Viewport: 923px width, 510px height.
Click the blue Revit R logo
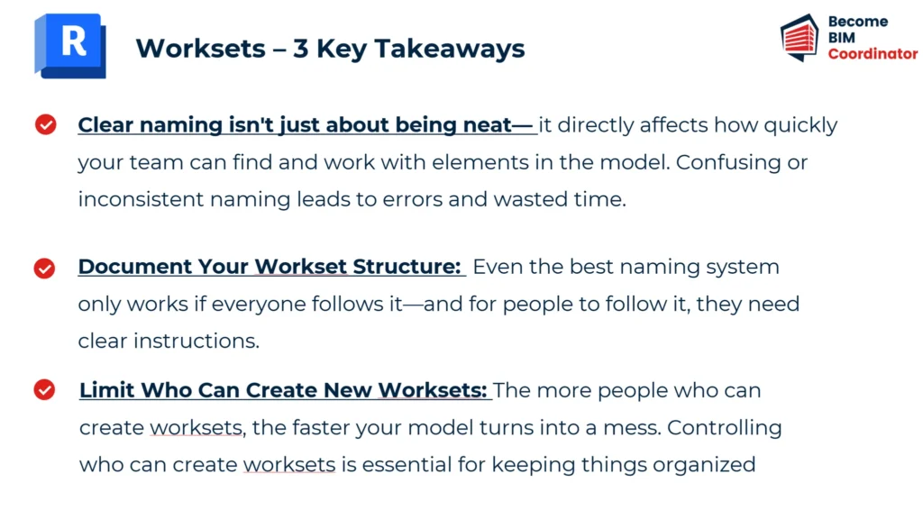coord(70,46)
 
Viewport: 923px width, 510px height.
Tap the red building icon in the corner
coord(800,38)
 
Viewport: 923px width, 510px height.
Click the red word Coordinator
coord(873,54)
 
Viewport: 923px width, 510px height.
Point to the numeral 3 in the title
coord(301,49)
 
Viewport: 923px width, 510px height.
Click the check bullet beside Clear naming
coord(45,124)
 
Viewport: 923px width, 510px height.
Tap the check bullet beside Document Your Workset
coord(44,269)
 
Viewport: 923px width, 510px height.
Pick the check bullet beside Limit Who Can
coord(44,389)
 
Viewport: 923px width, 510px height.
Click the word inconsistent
coord(141,199)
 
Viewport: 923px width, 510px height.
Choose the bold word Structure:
coord(407,267)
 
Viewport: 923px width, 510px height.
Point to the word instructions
coord(196,342)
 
